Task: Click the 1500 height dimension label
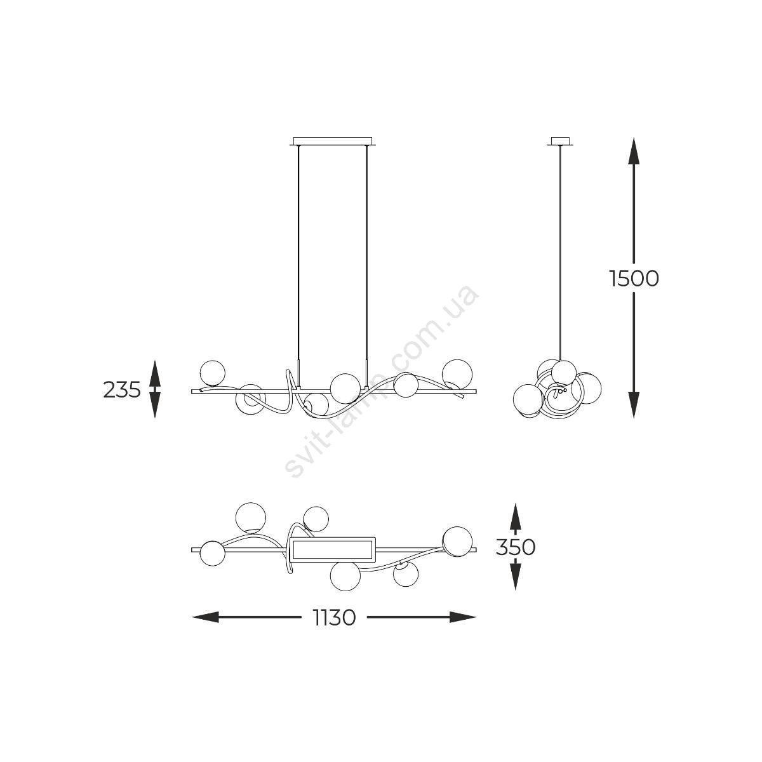point(634,278)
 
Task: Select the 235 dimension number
point(122,389)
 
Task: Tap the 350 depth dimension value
point(515,547)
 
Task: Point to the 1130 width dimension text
point(334,617)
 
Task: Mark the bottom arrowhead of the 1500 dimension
point(634,405)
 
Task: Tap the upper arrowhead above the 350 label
point(515,516)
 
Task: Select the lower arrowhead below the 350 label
point(515,577)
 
